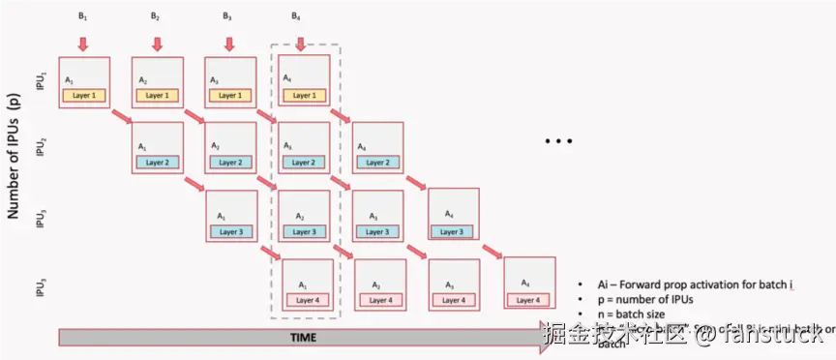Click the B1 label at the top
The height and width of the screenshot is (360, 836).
82,16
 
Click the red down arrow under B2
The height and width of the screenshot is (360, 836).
157,43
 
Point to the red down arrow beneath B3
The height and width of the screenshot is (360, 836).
228,43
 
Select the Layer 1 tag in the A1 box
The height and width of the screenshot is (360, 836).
84,95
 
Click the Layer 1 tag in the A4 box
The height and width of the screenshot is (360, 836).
303,95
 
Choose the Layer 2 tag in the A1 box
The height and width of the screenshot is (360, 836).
157,162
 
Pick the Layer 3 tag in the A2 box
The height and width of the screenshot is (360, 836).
303,231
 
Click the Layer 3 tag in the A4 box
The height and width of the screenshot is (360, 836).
453,231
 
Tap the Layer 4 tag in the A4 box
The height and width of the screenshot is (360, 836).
527,300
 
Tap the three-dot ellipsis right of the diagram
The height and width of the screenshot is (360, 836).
559,142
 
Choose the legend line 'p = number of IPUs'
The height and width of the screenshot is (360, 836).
638,299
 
